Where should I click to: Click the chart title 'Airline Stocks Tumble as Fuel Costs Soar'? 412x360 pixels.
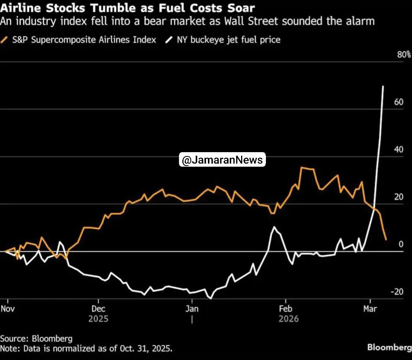pos(127,8)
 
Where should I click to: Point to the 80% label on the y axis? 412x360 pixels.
pos(404,55)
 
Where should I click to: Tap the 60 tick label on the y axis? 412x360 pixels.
pos(399,102)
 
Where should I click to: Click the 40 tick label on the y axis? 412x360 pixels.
pos(399,149)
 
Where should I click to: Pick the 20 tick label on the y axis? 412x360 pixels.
pos(399,197)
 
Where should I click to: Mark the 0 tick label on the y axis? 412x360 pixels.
pos(401,244)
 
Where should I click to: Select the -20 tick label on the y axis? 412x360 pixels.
pos(397,292)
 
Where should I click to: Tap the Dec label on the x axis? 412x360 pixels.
pos(98,308)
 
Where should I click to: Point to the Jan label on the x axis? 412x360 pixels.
pos(192,308)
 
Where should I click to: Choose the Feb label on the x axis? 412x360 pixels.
pos(286,308)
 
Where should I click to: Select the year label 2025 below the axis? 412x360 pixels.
pos(98,318)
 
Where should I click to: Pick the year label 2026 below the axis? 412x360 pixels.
pos(288,318)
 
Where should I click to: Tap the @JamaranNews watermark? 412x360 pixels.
pos(222,160)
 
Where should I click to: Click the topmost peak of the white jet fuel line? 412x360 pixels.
pos(383,87)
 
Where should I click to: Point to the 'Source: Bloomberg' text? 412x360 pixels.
pos(36,338)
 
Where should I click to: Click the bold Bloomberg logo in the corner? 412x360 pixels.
pos(389,347)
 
